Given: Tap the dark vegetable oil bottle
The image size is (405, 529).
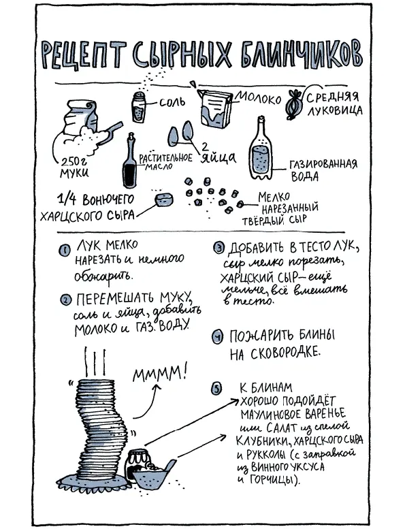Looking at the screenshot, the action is click(x=130, y=161).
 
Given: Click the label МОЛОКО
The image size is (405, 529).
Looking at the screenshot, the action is click(x=259, y=98).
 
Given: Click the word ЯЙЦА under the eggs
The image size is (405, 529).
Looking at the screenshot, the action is click(x=218, y=157).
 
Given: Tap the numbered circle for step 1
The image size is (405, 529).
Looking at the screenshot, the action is click(x=65, y=250).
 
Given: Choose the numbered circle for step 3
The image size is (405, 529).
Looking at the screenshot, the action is click(x=218, y=248).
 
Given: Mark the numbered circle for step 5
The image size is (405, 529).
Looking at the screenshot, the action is click(x=216, y=388).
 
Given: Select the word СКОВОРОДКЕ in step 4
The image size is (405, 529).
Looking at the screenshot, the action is click(x=286, y=353).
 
